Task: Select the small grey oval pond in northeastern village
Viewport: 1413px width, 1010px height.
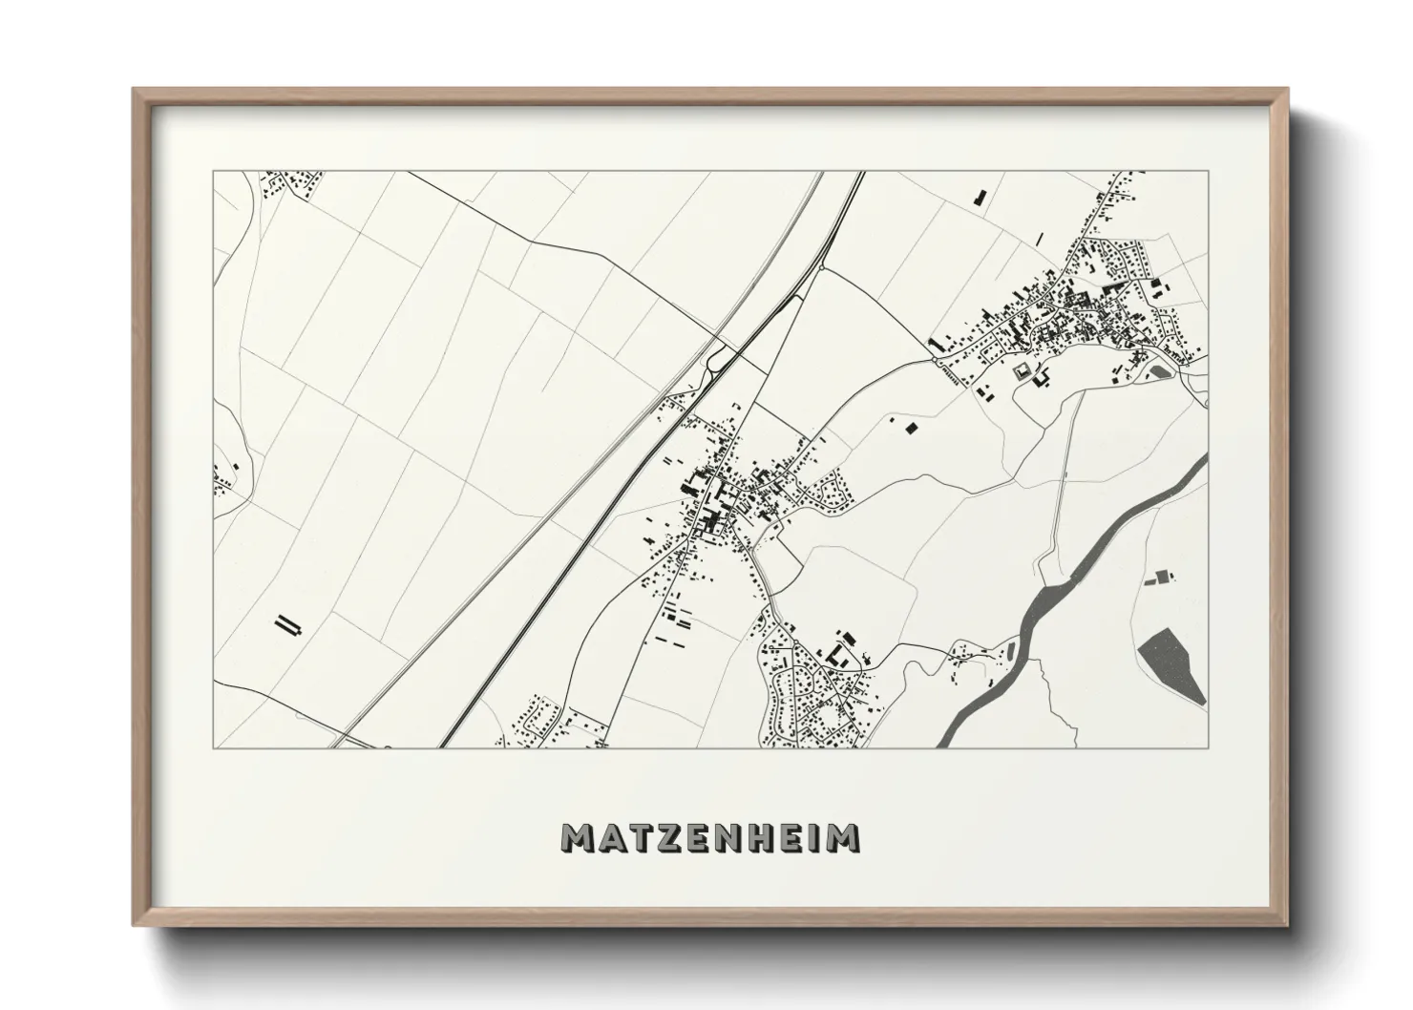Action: tap(1160, 371)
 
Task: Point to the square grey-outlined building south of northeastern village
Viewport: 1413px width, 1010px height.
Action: tap(1022, 371)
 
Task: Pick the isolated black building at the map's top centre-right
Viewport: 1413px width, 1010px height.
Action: tap(980, 199)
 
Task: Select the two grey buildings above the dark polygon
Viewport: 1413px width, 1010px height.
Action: tap(1160, 577)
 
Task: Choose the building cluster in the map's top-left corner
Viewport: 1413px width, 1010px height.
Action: tap(291, 183)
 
